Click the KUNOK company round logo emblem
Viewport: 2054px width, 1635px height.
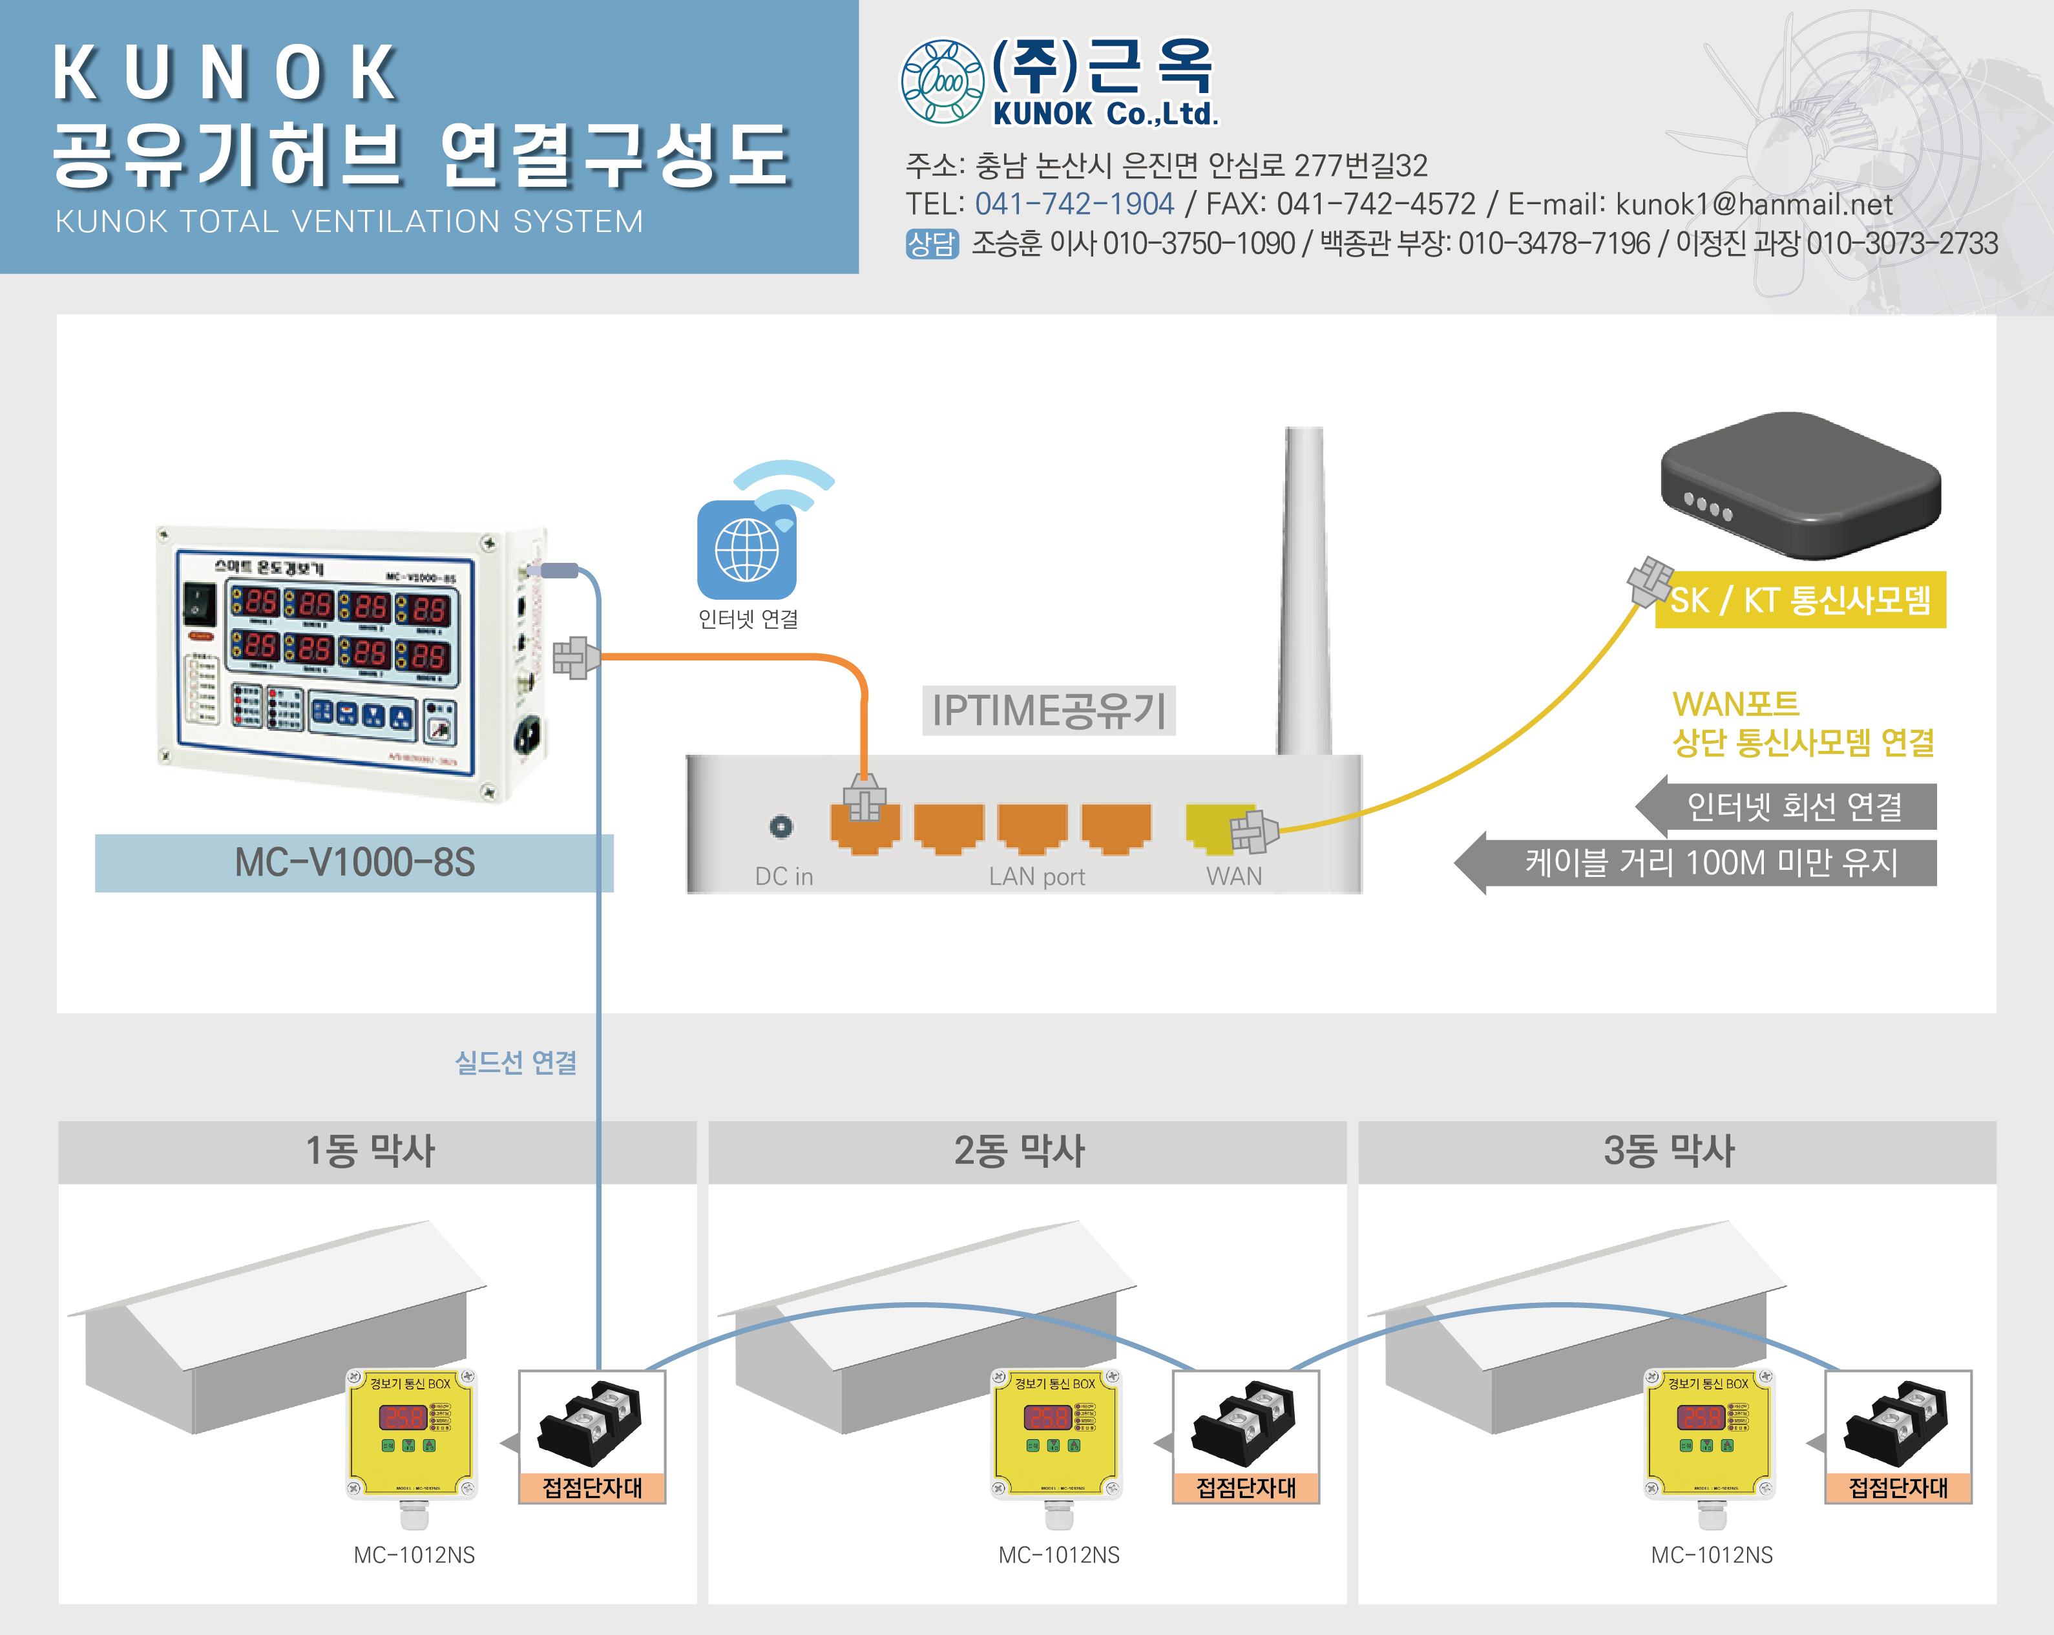click(x=941, y=82)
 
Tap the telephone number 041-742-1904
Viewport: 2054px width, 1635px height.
click(x=1074, y=204)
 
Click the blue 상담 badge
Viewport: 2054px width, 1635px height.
click(x=931, y=244)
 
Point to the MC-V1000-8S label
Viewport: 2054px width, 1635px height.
click(x=355, y=862)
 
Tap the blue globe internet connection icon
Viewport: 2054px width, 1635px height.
click(x=747, y=550)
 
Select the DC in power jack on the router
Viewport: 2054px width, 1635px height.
click(x=781, y=826)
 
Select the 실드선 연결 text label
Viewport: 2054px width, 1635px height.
click(x=516, y=1062)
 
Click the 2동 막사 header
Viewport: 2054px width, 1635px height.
click(x=1020, y=1151)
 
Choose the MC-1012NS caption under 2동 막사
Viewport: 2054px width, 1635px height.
click(x=1058, y=1555)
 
